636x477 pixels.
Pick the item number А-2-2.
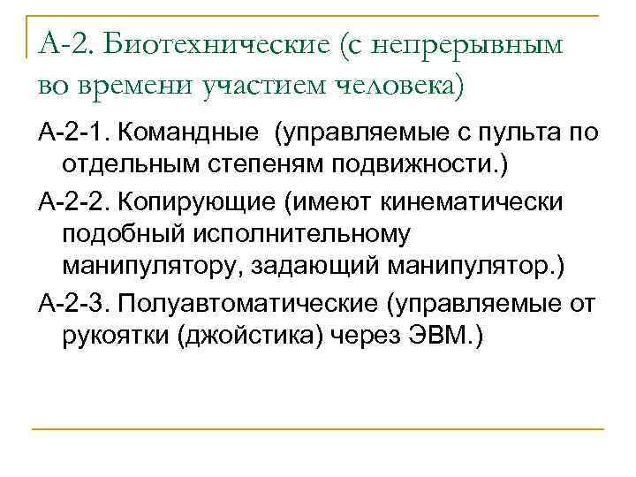point(75,202)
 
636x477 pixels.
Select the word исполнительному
point(314,235)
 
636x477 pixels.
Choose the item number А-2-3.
point(75,302)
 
